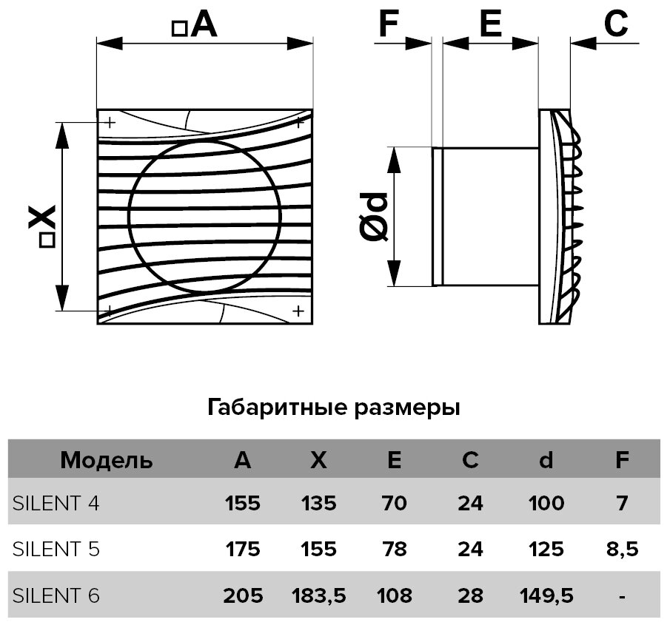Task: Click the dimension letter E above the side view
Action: coord(489,24)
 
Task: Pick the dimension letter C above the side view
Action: coord(616,24)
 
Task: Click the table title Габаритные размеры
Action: coord(335,408)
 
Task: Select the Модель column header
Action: coord(107,460)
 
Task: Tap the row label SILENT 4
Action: coord(56,504)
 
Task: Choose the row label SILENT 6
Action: coord(56,595)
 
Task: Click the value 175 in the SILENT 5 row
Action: coord(242,550)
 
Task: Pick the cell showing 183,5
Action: coord(318,595)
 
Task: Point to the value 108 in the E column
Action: coord(395,595)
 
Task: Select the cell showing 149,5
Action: coord(546,595)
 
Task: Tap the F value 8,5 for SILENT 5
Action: coord(622,550)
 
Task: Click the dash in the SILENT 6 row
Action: coord(622,595)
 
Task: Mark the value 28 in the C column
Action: coord(470,595)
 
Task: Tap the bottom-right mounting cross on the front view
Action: coord(298,311)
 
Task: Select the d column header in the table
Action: coord(546,460)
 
